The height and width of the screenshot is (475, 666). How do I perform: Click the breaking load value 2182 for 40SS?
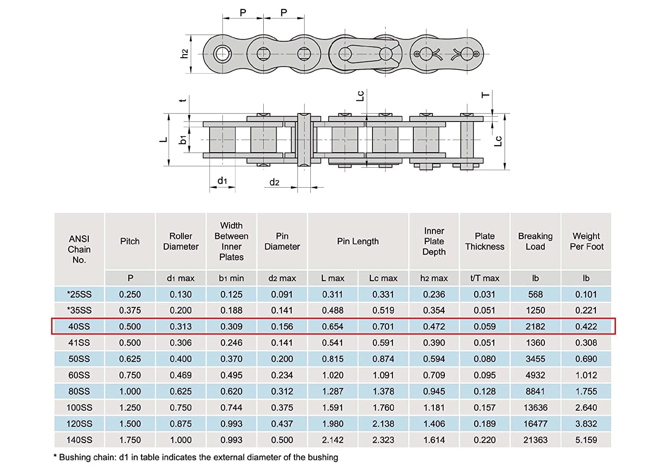(x=535, y=326)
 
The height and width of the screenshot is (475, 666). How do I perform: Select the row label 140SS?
(x=79, y=440)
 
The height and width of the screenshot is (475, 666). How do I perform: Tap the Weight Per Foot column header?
(x=586, y=241)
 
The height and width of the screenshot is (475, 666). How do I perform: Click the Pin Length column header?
(x=357, y=241)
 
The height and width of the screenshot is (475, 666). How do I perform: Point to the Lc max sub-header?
(x=383, y=278)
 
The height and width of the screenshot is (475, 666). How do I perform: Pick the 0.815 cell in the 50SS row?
(x=333, y=359)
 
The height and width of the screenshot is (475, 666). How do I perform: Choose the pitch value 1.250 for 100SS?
(x=130, y=408)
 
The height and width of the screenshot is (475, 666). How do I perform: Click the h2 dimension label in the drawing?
(x=184, y=54)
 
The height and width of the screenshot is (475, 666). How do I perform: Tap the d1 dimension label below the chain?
(x=222, y=181)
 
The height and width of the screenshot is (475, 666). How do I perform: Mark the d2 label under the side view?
(x=274, y=182)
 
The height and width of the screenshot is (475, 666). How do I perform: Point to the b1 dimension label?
(x=182, y=140)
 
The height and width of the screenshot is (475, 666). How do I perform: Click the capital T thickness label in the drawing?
(x=486, y=95)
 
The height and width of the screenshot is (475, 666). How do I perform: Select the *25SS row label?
(x=79, y=294)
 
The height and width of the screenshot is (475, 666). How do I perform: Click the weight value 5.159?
(x=586, y=440)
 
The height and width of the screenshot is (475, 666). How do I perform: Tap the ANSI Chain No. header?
(x=79, y=249)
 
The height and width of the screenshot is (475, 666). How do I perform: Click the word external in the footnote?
(x=215, y=457)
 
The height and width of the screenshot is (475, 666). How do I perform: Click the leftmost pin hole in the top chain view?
(x=222, y=54)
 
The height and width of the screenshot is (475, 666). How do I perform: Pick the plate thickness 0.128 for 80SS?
(x=484, y=391)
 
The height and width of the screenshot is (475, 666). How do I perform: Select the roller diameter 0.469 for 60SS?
(x=181, y=375)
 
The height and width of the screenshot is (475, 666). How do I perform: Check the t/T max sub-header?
(x=484, y=278)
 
